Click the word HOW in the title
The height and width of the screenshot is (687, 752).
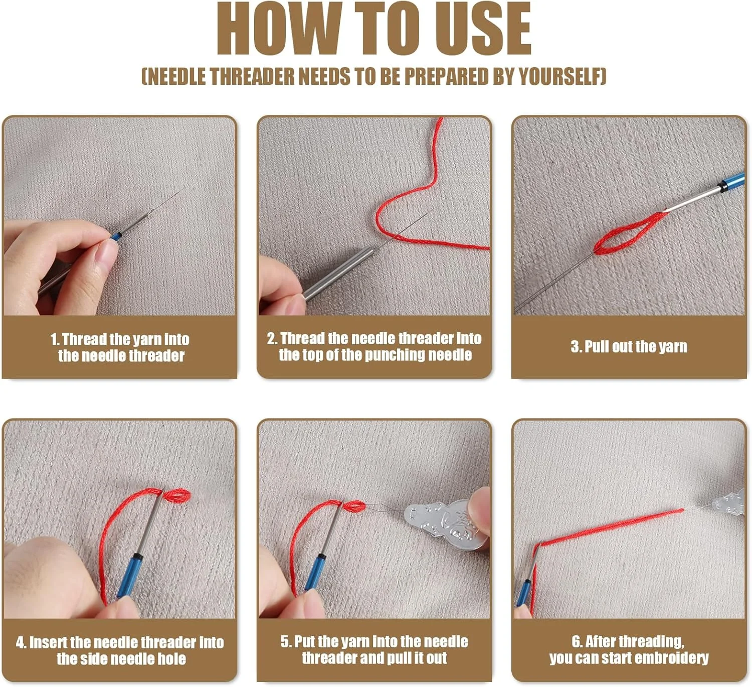[x=279, y=29]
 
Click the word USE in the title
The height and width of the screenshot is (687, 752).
[x=483, y=29]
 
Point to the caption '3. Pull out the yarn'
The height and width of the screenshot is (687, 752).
[x=629, y=347]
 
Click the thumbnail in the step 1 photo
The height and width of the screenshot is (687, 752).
[x=107, y=254]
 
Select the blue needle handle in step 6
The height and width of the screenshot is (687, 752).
[x=523, y=593]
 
